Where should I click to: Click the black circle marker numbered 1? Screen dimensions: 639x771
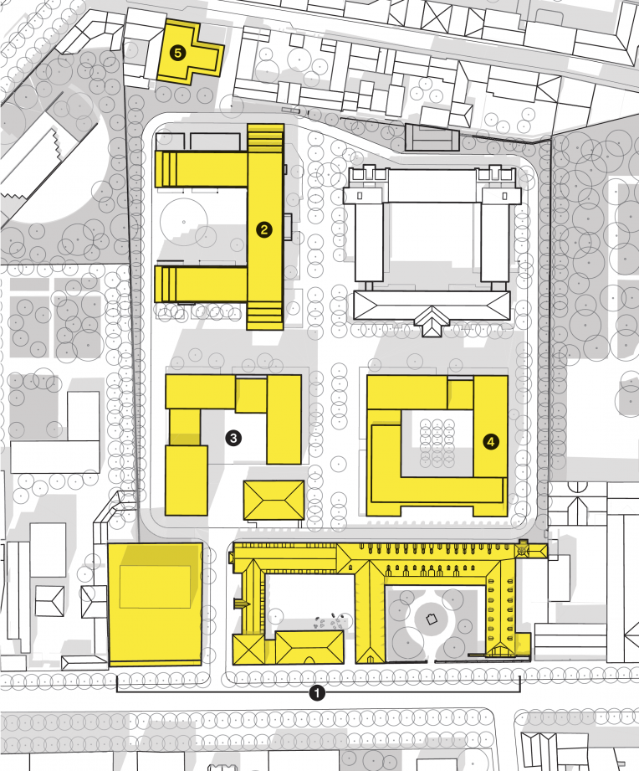coord(317,693)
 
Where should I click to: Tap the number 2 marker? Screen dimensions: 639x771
coord(264,229)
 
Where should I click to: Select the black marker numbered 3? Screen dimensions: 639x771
coord(233,438)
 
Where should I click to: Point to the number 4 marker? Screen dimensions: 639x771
coord(491,441)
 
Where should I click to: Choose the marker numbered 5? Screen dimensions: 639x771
coord(178,53)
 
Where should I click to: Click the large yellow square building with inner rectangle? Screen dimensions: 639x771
coord(156,604)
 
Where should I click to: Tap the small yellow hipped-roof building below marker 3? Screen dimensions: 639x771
coord(274,500)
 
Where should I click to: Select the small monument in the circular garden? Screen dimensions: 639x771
coord(432,619)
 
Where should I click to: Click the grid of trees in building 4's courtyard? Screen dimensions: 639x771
coord(437,444)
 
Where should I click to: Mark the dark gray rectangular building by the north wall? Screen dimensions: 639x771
coord(432,137)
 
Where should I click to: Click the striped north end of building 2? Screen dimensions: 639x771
coord(266,139)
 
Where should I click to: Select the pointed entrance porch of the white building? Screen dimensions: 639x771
coord(432,321)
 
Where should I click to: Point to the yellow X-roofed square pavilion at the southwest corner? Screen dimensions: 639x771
coord(249,649)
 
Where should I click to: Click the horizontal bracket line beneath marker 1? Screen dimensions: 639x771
coord(318,691)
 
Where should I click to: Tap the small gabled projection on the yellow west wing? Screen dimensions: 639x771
coord(241,604)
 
